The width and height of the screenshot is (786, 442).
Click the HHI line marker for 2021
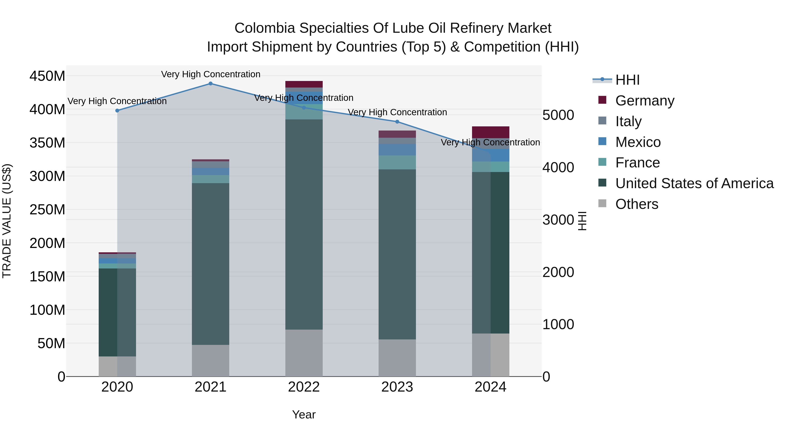pyautogui.click(x=210, y=84)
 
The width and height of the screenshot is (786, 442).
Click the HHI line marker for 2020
pyautogui.click(x=117, y=111)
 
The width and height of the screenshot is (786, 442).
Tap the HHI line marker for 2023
pyautogui.click(x=397, y=122)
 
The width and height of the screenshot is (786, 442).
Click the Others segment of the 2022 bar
pyautogui.click(x=304, y=353)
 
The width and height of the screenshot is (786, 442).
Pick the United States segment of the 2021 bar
pyautogui.click(x=210, y=264)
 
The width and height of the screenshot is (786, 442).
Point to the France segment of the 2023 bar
pyautogui.click(x=397, y=162)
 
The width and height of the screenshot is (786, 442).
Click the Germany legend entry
pyautogui.click(x=645, y=101)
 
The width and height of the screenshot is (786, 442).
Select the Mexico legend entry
pyautogui.click(x=638, y=142)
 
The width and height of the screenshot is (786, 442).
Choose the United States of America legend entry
pyautogui.click(x=694, y=183)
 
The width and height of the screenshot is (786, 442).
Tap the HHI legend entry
pyautogui.click(x=627, y=80)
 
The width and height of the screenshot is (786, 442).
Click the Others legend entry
pyautogui.click(x=636, y=204)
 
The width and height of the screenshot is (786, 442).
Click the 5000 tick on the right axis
pyautogui.click(x=558, y=115)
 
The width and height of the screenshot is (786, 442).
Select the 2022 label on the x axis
pyautogui.click(x=304, y=387)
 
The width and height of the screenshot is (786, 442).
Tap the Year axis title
pyautogui.click(x=304, y=414)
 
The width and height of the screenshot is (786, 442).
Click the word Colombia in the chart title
pyautogui.click(x=264, y=28)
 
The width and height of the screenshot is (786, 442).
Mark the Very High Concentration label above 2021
pyautogui.click(x=210, y=74)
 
